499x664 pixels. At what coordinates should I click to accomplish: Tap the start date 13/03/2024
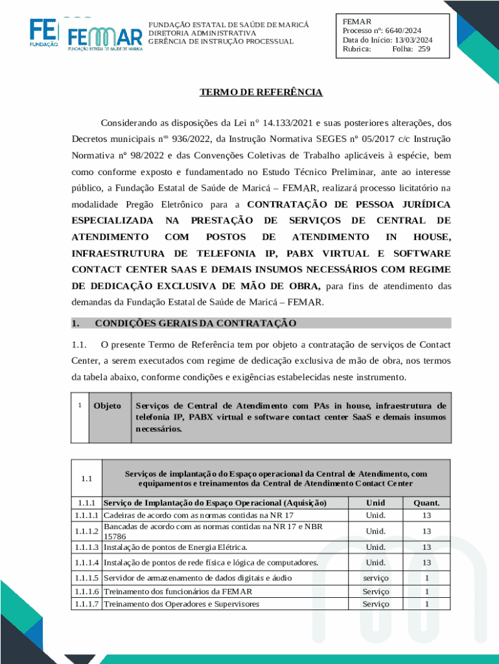point(413,40)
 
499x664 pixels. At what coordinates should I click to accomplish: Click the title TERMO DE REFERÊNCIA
point(261,92)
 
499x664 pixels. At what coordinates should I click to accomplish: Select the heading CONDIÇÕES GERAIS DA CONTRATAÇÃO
point(195,323)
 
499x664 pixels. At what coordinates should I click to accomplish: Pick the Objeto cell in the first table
point(107,406)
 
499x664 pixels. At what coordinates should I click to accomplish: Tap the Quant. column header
point(426,503)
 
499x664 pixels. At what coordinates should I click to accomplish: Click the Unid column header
point(375,503)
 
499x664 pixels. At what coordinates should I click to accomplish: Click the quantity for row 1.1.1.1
point(426,515)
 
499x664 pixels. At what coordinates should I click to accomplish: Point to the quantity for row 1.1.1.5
point(426,577)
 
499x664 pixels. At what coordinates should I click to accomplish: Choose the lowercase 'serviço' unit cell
point(375,577)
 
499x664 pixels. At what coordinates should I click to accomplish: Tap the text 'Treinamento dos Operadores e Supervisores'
point(181,604)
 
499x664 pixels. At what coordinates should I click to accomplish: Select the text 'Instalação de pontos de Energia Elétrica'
point(175,547)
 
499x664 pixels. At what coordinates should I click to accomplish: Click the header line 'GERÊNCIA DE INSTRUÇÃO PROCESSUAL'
point(220,41)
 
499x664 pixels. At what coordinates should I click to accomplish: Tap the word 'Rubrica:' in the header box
point(357,49)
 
